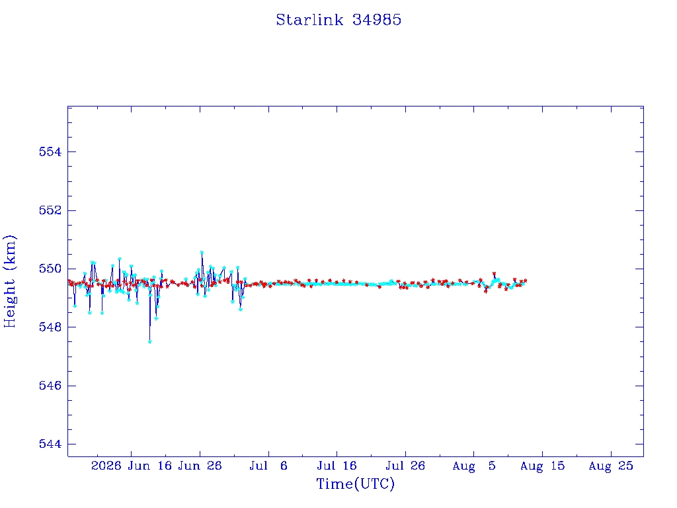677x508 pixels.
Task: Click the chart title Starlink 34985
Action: pos(338,20)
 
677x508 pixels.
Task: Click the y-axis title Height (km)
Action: pos(9,281)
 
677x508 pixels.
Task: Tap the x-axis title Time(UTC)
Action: pos(355,484)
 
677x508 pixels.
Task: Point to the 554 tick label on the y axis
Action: pos(50,151)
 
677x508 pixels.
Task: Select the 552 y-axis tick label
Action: pos(50,210)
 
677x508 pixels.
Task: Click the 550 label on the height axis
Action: pos(50,269)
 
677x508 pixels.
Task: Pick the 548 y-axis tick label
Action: pos(50,327)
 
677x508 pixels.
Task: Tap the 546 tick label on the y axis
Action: pos(50,386)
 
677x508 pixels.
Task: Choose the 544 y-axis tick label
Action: pos(50,444)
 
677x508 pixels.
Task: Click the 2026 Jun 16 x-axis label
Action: pos(132,466)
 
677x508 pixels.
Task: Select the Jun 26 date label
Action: pos(200,466)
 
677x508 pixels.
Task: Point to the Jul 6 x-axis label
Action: pos(268,466)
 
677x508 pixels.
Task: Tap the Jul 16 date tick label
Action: pos(337,466)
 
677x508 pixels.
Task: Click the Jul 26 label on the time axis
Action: pos(405,466)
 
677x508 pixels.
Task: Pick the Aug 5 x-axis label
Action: pos(474,466)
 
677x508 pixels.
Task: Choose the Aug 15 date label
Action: pos(542,466)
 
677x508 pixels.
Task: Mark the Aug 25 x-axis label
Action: pos(611,466)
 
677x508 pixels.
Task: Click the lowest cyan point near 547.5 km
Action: pos(150,342)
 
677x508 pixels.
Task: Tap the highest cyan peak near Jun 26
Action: pos(202,252)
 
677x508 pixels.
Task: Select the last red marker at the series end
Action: pos(525,280)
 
